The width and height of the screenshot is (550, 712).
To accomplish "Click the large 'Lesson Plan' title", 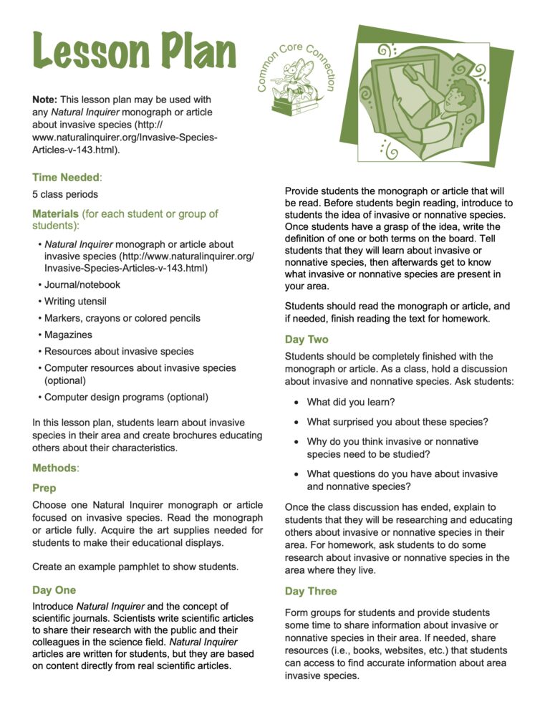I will pos(134,52).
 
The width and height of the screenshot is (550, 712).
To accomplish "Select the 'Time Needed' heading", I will pos(67,176).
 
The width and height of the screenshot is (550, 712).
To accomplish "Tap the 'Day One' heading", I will pos(54,590).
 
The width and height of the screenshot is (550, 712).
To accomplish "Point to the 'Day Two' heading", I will pos(307,340).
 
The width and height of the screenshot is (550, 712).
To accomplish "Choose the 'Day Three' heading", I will pos(311,591).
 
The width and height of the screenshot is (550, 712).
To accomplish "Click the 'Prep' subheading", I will pos(44,488).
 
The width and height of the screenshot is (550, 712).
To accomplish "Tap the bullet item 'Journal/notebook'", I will pos(82,284).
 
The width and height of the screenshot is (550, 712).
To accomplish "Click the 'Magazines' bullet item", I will pos(68,335).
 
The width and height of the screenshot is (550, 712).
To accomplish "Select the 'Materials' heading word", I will pos(55,213).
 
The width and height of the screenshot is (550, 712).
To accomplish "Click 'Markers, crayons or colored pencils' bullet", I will pos(122,318).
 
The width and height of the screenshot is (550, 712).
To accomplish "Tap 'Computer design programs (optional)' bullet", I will pos(126,397).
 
